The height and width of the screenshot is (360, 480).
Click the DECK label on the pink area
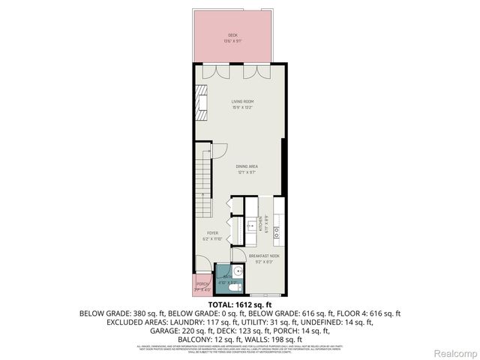[232, 35]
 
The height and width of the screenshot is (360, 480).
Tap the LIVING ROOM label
[241, 101]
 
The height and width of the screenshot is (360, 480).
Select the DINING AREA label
[247, 166]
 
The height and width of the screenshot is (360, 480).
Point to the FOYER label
[212, 233]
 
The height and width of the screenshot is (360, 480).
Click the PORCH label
[202, 284]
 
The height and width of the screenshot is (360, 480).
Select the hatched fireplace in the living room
[201, 100]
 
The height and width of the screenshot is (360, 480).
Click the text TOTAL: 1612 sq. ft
[239, 304]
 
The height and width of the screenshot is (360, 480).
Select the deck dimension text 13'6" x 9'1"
[232, 41]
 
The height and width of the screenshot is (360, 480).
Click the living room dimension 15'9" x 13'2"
[241, 107]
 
